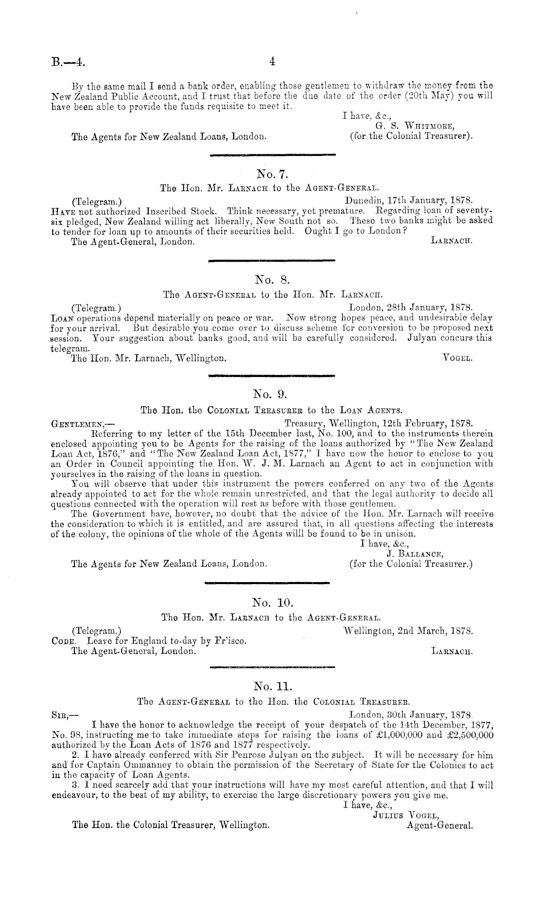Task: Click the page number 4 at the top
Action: click(x=272, y=61)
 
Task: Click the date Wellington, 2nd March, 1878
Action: click(x=407, y=631)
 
